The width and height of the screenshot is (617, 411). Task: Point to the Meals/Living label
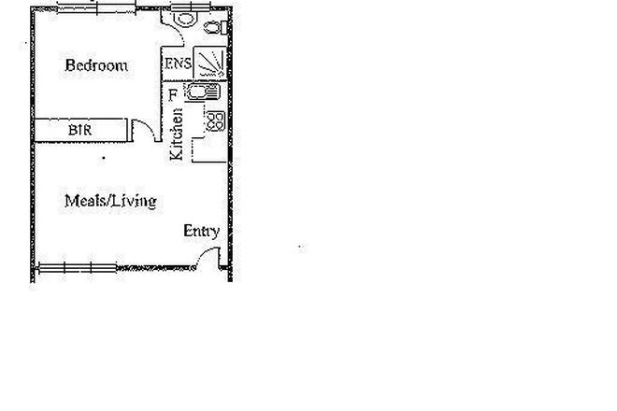click(x=109, y=201)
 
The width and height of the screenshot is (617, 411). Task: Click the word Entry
click(x=201, y=231)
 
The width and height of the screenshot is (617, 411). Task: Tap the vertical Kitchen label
click(x=176, y=135)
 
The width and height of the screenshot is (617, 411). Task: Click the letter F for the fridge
click(x=172, y=93)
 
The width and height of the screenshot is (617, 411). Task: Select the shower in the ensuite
click(x=211, y=64)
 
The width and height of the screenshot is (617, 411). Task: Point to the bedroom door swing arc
click(x=142, y=131)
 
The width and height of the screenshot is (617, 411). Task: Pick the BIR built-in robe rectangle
click(x=80, y=129)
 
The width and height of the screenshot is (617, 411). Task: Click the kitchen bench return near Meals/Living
click(x=207, y=149)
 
